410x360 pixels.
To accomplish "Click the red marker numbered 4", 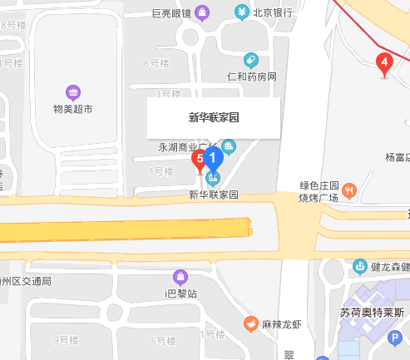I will pos(383,63).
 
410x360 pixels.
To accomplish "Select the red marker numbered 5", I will pos(200,158).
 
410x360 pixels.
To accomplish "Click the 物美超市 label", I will pos(72,109).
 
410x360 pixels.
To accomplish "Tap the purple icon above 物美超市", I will pos(72,92).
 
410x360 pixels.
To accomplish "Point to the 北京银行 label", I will pos(273,12).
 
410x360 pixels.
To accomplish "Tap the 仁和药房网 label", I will pos(251,76).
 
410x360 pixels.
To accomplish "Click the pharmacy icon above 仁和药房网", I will pos(250,61).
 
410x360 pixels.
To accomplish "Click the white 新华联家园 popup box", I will pos(214,118).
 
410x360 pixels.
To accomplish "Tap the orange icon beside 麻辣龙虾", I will pos(249,323).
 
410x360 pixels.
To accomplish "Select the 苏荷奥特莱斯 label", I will pos(372,313).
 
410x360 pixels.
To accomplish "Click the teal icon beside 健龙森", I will pos(359,267).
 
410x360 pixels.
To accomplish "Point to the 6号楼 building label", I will pos(156,63).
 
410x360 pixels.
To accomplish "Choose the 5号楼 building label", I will pos(161,341).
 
